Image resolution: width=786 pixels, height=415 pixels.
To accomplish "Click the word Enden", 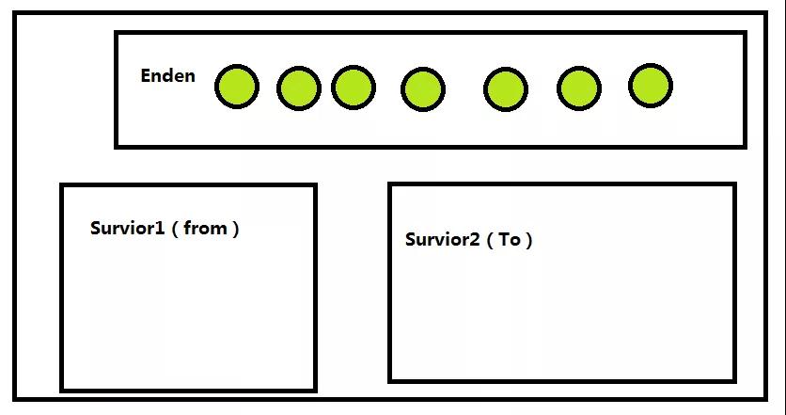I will [167, 76].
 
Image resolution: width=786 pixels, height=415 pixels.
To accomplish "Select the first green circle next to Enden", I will [236, 87].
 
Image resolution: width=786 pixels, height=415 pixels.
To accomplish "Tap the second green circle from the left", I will [299, 88].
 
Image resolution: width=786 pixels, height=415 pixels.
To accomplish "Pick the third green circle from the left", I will [353, 87].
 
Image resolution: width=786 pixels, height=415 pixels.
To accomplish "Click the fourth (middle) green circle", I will [422, 89].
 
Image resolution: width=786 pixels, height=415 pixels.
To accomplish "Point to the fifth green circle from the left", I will [505, 89].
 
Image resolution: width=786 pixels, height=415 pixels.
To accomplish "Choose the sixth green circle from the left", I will [578, 88].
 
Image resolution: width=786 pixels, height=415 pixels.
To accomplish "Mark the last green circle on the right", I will [650, 86].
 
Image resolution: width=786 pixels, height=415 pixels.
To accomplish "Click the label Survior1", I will [127, 228].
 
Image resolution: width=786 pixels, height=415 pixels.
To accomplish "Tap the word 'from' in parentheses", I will [205, 228].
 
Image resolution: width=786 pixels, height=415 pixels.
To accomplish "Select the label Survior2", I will [442, 239].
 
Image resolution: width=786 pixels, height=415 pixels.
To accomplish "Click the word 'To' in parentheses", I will [509, 239].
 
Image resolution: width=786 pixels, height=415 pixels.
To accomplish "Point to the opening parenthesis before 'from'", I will [175, 229].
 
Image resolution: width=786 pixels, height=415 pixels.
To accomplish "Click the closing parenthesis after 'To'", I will [529, 240].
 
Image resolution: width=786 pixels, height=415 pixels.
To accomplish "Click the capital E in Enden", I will [147, 76].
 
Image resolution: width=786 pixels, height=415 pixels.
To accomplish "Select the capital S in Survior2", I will [411, 239].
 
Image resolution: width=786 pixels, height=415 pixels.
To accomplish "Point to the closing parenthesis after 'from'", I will [236, 229].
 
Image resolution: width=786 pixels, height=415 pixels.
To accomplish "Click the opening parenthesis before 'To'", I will [490, 240].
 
